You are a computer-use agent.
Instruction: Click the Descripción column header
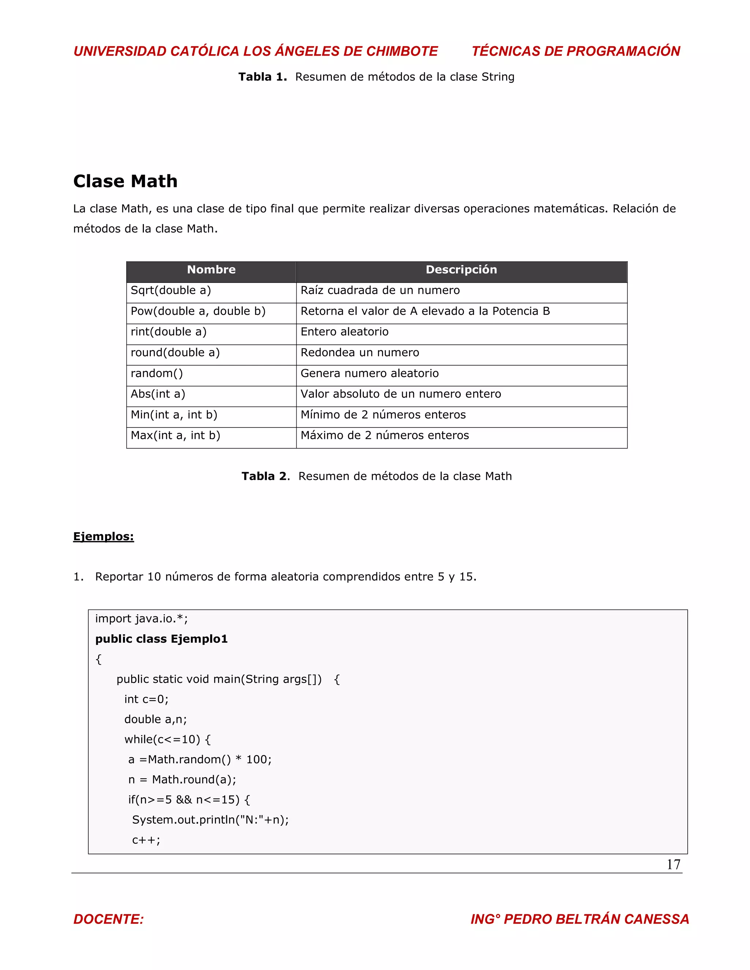tap(461, 270)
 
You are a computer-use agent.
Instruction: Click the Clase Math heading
tap(125, 181)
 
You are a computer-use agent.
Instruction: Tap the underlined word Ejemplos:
tap(104, 537)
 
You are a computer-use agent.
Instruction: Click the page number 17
tap(673, 865)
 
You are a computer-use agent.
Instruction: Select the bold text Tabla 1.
tap(262, 77)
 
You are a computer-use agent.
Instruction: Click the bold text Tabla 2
tap(265, 476)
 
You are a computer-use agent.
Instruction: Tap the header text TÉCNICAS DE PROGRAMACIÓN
tap(576, 51)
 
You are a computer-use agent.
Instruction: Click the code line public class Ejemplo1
tap(161, 639)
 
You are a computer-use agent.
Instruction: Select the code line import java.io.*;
tap(141, 619)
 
